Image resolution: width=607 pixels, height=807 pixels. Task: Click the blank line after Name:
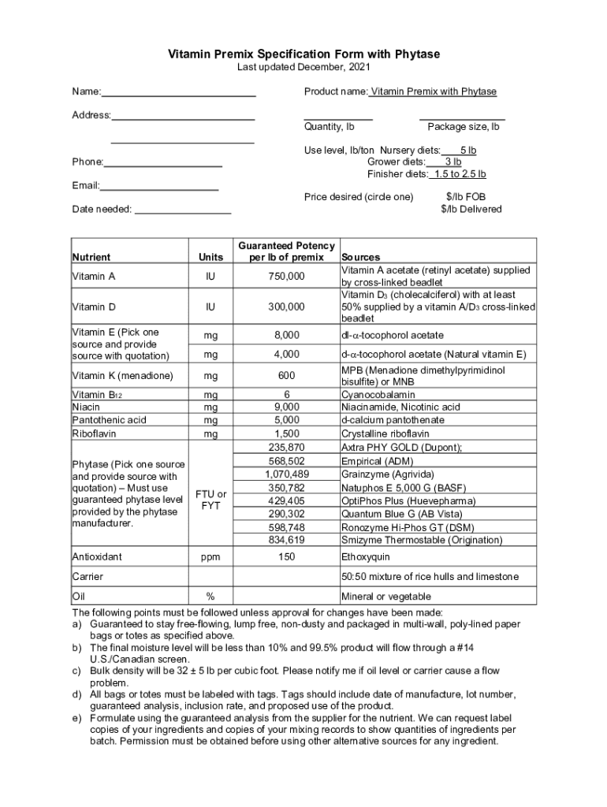pos(179,93)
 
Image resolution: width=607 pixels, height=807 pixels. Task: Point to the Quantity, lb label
pos(329,127)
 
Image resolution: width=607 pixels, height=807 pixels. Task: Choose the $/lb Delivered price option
pos(471,209)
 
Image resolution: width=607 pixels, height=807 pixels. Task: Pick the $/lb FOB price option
pos(471,196)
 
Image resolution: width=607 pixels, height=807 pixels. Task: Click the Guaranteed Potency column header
pos(286,251)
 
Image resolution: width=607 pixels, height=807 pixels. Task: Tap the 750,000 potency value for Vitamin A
pos(286,277)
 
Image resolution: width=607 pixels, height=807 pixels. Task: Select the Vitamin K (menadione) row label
pos(123,376)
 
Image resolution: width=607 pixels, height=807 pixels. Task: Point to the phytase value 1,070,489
pos(286,474)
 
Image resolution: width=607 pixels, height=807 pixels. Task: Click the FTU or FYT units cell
pos(210,500)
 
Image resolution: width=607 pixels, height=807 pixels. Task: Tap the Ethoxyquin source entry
pos(364,556)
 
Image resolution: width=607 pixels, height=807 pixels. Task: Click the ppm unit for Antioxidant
pos(210,556)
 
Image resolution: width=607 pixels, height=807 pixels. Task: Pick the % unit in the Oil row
pos(210,597)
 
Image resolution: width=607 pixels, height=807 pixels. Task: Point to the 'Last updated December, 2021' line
pos(303,68)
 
